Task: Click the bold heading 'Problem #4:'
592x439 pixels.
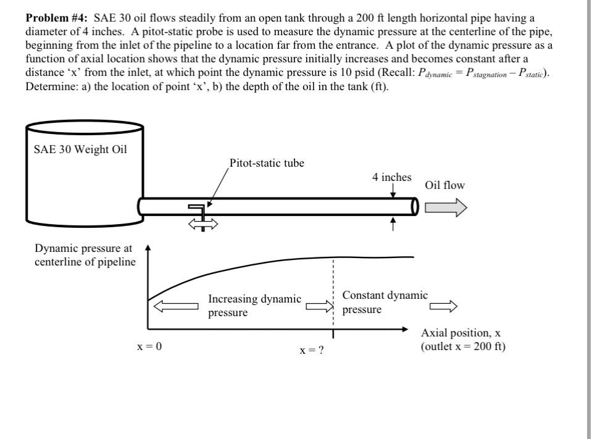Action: coord(57,17)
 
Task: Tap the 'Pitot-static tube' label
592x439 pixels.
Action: coord(267,164)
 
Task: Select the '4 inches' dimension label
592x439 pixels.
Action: coord(391,177)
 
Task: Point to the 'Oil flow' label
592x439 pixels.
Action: coord(444,185)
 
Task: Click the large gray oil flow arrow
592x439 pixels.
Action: coord(444,207)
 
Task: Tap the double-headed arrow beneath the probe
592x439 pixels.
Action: coord(203,226)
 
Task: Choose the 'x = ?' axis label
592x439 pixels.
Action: coord(312,350)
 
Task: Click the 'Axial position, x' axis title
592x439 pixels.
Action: coord(461,333)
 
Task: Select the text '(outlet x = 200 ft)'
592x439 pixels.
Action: coord(463,346)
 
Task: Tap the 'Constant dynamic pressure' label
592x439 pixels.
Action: coord(385,302)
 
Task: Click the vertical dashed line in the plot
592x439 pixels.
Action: coord(333,290)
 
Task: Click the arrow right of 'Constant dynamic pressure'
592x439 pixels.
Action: coord(443,306)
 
